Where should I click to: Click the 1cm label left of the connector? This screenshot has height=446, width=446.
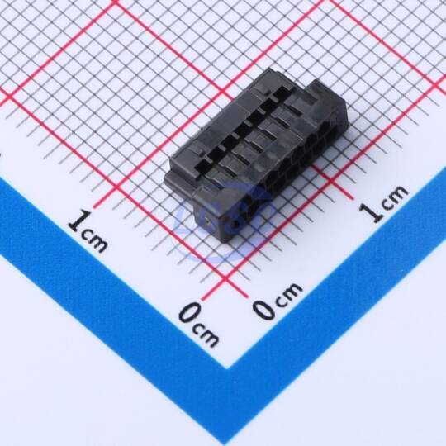pyautogui.click(x=88, y=231)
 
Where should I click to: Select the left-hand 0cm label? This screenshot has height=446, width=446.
pyautogui.click(x=199, y=325)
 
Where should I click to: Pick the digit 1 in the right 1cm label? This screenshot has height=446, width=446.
pyautogui.click(x=371, y=211)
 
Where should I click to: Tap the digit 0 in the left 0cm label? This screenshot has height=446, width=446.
pyautogui.click(x=190, y=313)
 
